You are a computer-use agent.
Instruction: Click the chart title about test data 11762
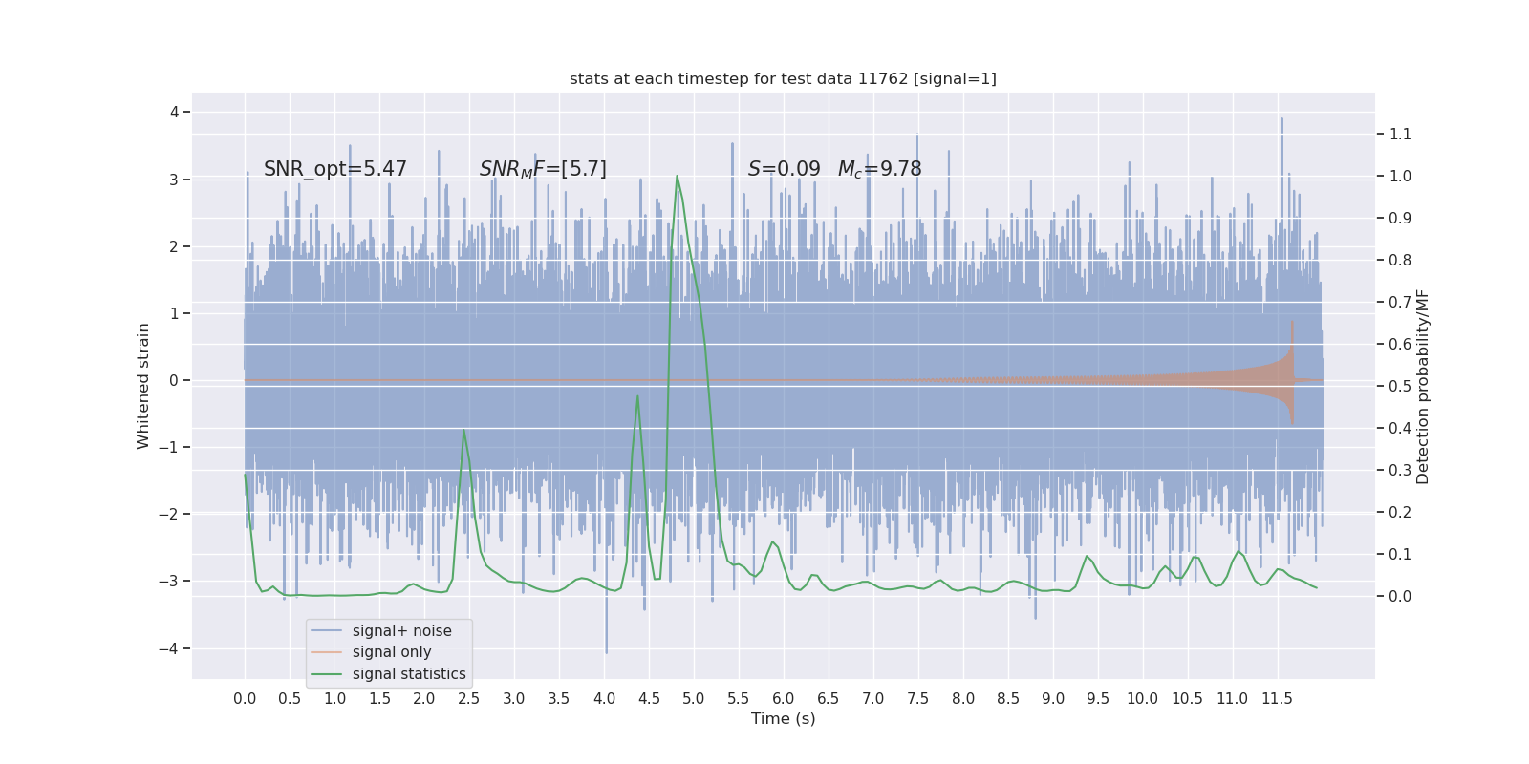click(x=783, y=78)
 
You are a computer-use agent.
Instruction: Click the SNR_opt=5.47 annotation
click(x=334, y=169)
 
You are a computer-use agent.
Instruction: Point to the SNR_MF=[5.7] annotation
click(x=543, y=169)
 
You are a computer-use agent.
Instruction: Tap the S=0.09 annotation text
click(x=784, y=169)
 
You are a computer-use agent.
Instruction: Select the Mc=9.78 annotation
click(x=879, y=169)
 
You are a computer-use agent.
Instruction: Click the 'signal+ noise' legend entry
click(x=401, y=631)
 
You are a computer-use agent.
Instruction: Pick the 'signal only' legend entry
click(x=392, y=652)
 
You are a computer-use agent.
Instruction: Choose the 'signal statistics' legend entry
click(x=409, y=674)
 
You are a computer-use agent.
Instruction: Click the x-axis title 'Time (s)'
click(x=783, y=718)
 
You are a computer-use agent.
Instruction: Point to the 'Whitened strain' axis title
click(x=143, y=386)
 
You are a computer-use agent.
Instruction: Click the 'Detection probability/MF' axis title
click(x=1423, y=386)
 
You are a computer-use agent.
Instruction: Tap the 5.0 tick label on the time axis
click(x=694, y=698)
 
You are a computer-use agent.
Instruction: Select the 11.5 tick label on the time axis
click(x=1277, y=698)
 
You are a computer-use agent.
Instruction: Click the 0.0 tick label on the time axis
click(x=245, y=698)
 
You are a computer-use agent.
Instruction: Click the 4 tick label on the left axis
click(x=175, y=112)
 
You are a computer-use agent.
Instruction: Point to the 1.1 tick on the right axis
click(x=1400, y=134)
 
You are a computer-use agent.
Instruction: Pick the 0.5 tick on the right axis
click(x=1400, y=386)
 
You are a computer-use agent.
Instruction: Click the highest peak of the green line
click(x=677, y=176)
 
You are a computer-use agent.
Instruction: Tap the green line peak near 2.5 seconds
click(x=464, y=430)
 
